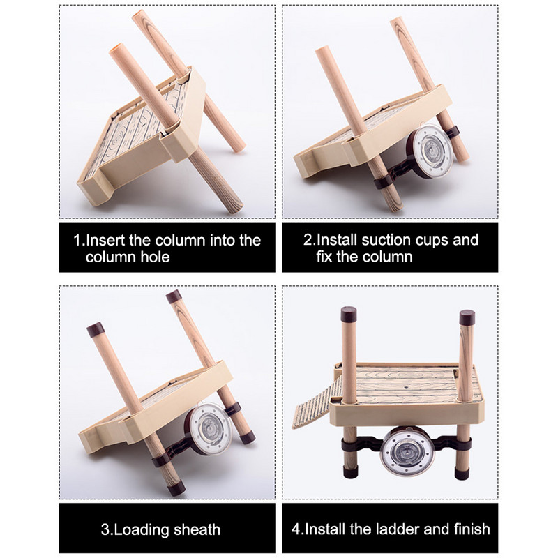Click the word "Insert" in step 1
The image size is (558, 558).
pos(105,240)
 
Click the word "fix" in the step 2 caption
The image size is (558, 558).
pos(324,257)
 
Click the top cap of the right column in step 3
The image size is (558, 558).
pos(174,296)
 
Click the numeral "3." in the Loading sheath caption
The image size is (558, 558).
pos(107,530)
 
